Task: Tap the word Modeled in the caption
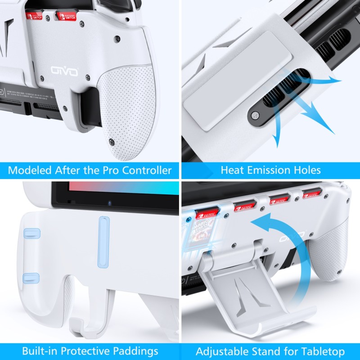(30, 171)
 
